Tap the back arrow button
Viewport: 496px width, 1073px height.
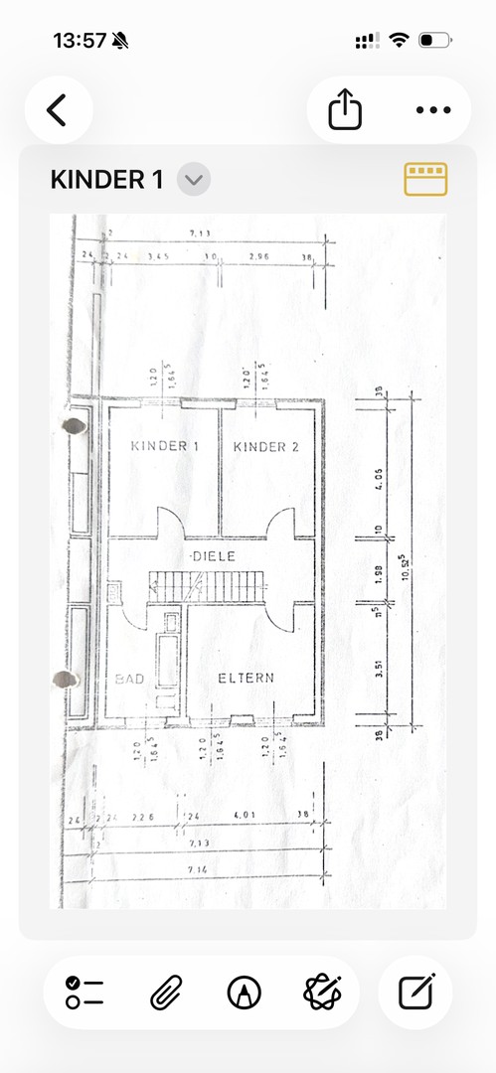pyautogui.click(x=58, y=109)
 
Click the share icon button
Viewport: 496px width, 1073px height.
pyautogui.click(x=345, y=109)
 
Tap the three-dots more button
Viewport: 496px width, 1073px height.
pyautogui.click(x=433, y=109)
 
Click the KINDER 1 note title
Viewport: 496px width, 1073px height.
pyautogui.click(x=106, y=180)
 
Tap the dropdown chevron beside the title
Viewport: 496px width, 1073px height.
pyautogui.click(x=194, y=180)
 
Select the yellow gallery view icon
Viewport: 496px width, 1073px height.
pyautogui.click(x=425, y=179)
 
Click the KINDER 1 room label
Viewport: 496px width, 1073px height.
pyautogui.click(x=165, y=447)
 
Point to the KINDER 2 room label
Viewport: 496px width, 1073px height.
pyautogui.click(x=266, y=447)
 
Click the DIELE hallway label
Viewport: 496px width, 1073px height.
pyautogui.click(x=214, y=556)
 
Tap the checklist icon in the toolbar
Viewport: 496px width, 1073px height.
pyautogui.click(x=85, y=993)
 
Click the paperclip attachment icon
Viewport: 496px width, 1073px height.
pyautogui.click(x=165, y=993)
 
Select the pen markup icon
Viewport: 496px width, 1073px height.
pyautogui.click(x=243, y=993)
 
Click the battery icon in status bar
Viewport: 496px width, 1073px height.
pyautogui.click(x=432, y=41)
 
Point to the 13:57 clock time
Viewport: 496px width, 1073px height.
pyautogui.click(x=80, y=41)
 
